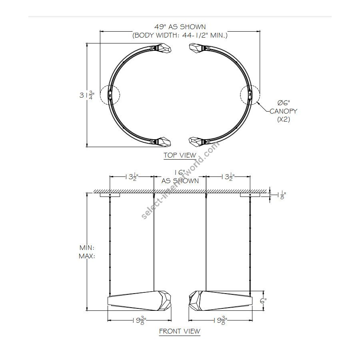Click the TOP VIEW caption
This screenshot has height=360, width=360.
(180, 155)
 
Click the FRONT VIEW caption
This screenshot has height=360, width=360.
(180, 331)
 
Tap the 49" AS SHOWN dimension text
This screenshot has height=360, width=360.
(180, 27)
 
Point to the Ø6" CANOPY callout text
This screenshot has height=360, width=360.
(283, 111)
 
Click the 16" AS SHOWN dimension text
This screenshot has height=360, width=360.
(180, 176)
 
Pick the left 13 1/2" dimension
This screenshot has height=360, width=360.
(132, 177)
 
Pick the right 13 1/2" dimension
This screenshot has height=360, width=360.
(228, 177)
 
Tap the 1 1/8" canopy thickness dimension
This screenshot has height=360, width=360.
(282, 195)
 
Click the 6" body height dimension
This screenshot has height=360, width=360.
(263, 300)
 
